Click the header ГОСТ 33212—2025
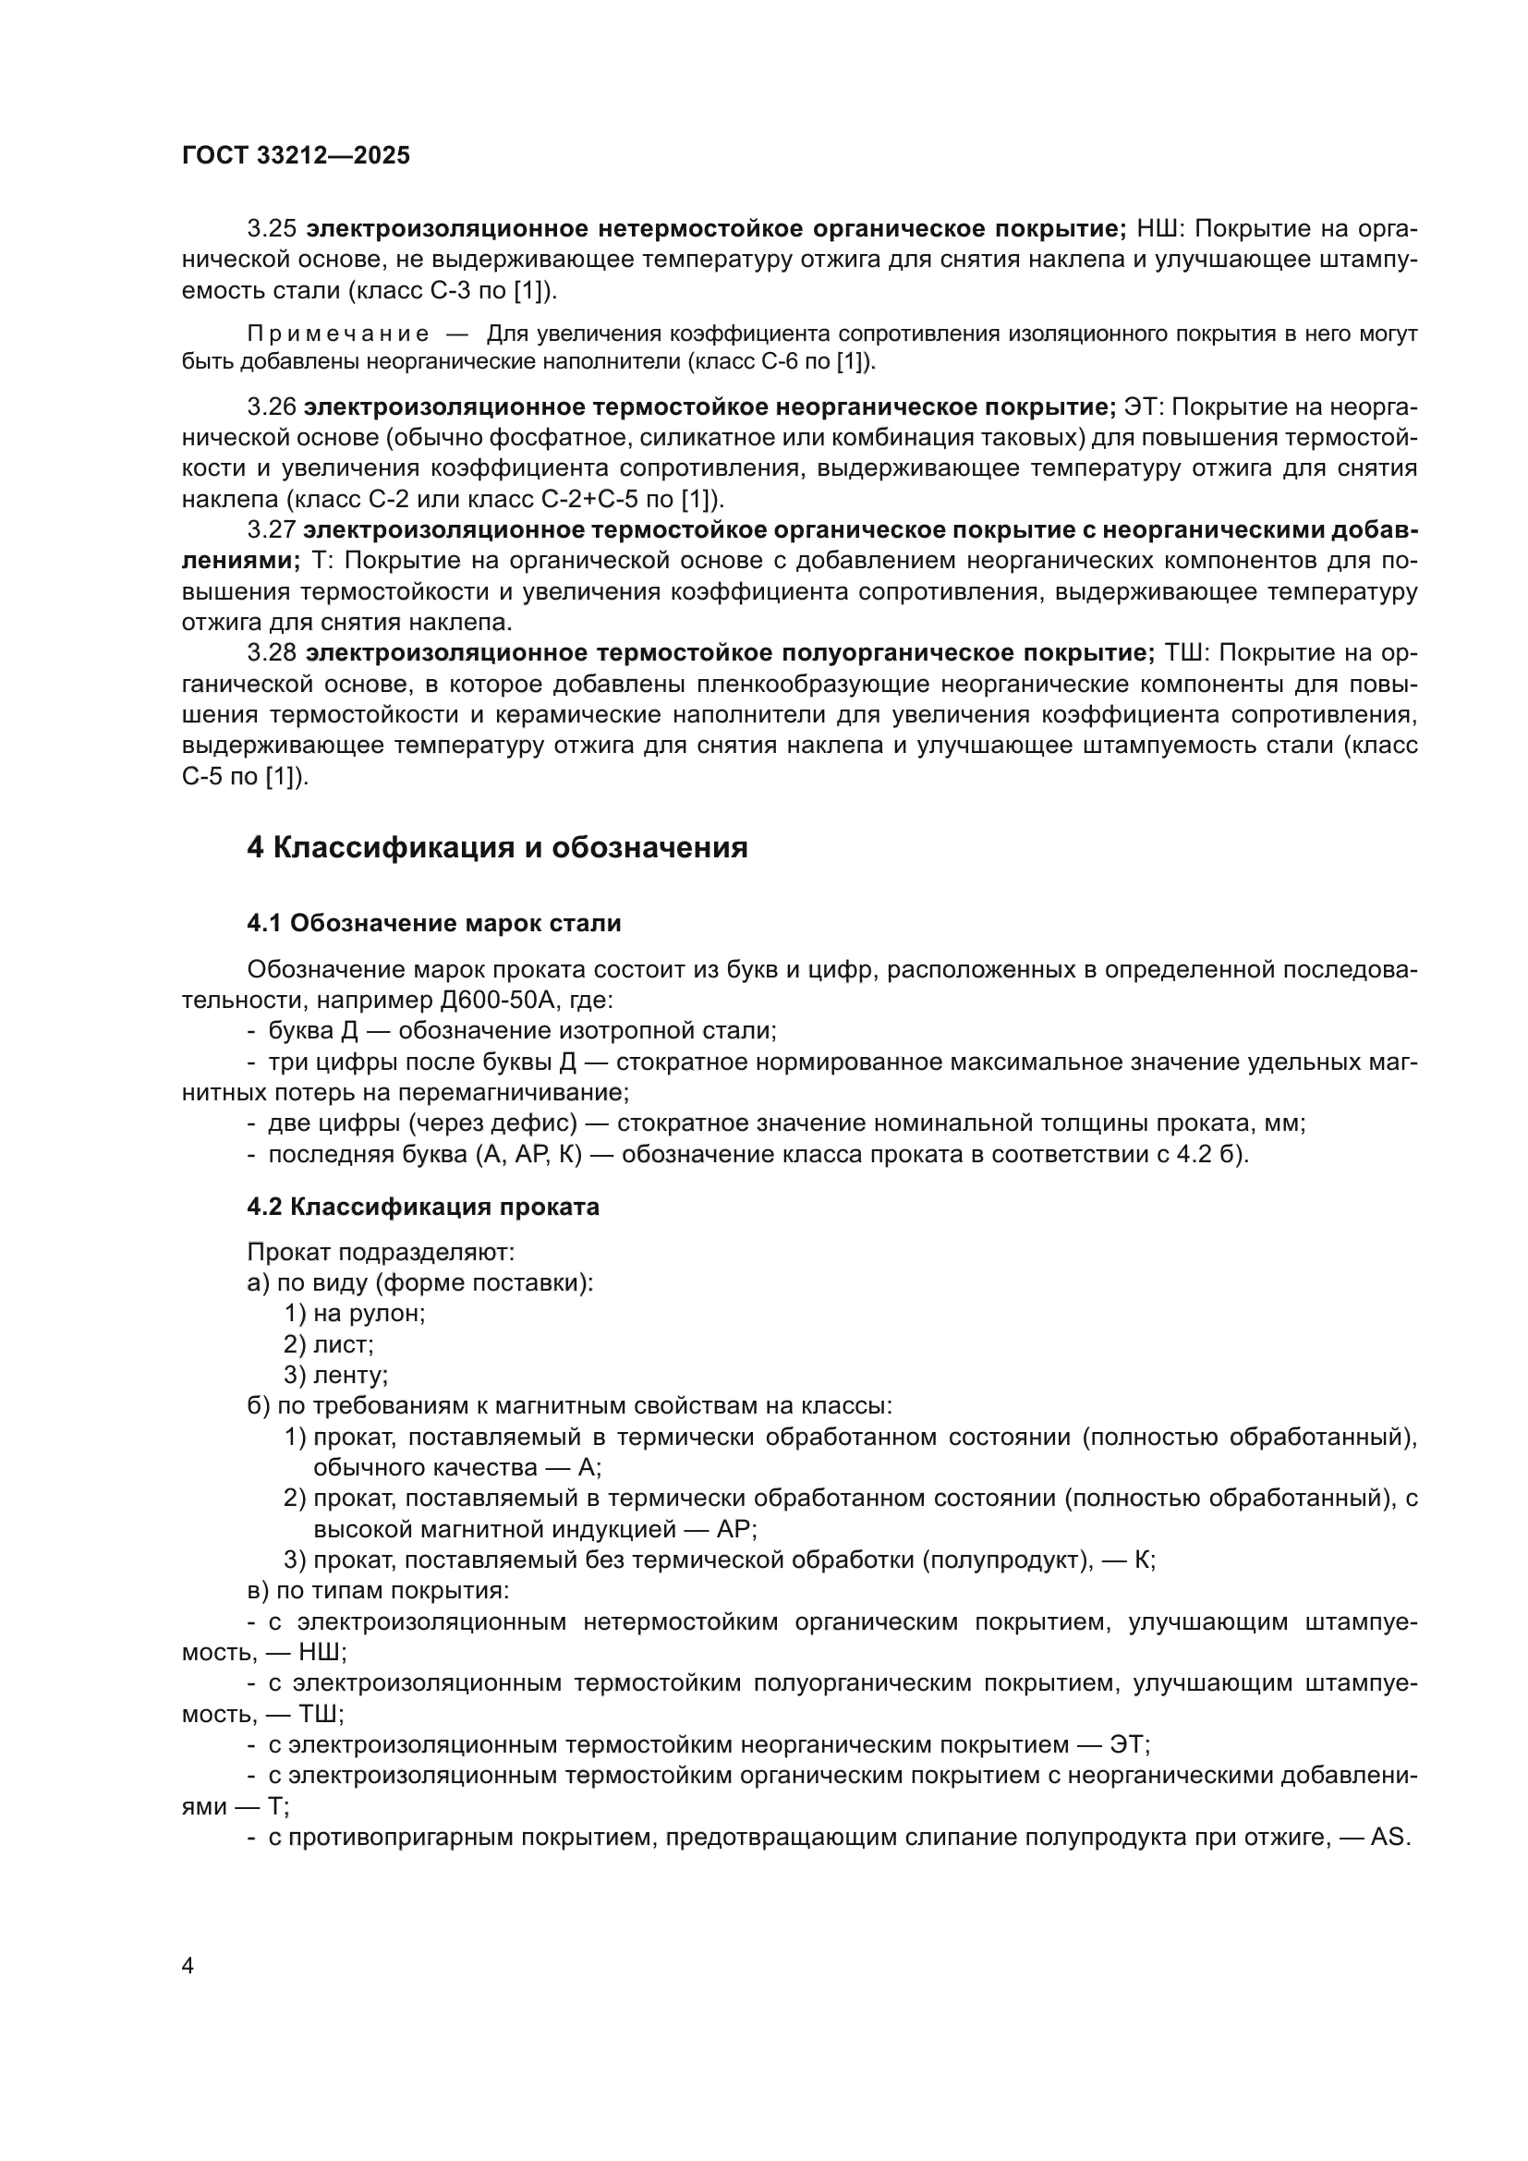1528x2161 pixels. [x=296, y=155]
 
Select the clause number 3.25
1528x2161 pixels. [x=272, y=229]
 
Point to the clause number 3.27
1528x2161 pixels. [x=271, y=530]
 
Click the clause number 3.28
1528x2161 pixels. [x=272, y=653]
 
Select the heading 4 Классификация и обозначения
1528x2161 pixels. [x=497, y=848]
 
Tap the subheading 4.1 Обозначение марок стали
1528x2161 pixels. [x=434, y=923]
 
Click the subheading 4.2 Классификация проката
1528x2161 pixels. [x=422, y=1207]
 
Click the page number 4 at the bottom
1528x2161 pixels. [x=188, y=1966]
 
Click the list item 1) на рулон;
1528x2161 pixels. [x=355, y=1313]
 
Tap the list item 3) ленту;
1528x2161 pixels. [x=336, y=1375]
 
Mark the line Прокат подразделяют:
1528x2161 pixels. [x=380, y=1252]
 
